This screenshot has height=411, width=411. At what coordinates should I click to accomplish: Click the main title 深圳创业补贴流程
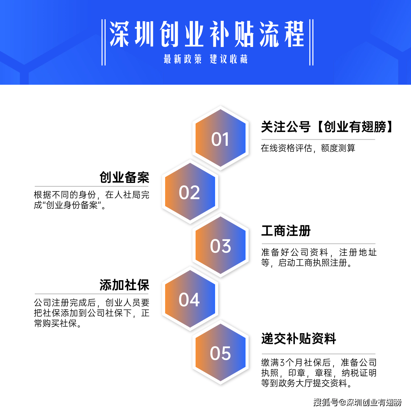pos(206,34)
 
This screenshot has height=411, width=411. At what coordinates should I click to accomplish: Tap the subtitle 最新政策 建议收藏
pos(206,59)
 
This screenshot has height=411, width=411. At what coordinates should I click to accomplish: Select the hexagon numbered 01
pos(220,138)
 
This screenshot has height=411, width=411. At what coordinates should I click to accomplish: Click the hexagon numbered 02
pos(190,192)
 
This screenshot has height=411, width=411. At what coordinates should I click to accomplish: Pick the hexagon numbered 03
pos(220,245)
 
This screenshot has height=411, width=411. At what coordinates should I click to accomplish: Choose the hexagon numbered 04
pos(190,299)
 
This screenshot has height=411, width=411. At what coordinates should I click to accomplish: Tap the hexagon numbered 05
pos(220,352)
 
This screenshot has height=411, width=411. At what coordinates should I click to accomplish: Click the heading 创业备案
pos(124,177)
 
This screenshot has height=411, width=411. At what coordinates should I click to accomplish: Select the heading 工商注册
pos(286,231)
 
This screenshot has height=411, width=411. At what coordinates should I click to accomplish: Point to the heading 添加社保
pos(124,285)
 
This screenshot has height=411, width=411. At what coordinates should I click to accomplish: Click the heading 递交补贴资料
pos(298,339)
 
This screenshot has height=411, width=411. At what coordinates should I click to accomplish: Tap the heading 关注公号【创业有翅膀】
pos(327,127)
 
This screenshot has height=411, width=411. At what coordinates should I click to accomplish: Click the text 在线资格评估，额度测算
pos(308,148)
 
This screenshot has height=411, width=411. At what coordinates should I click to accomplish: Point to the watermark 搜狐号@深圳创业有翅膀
pos(357,402)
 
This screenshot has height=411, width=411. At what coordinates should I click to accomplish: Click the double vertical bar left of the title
pos(104,42)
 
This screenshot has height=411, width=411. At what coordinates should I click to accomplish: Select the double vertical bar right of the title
pos(311,42)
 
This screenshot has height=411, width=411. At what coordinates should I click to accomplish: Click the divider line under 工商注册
pos(318,244)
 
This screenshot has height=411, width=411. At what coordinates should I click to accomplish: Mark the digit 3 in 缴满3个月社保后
pos(282,363)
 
